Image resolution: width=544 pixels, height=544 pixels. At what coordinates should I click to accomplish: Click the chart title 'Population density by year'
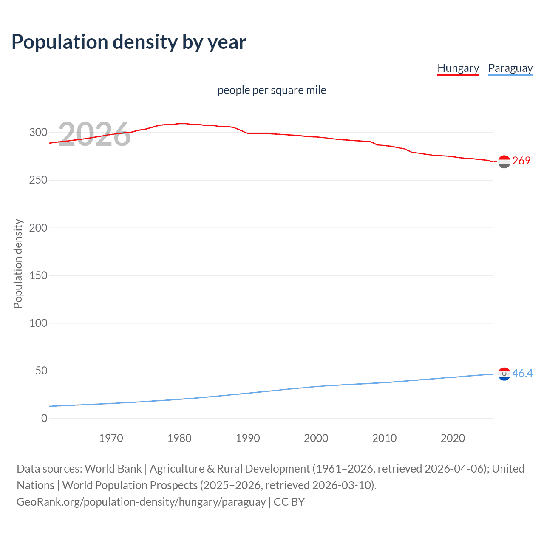click(x=129, y=42)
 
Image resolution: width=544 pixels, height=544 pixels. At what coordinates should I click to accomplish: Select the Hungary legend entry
click(x=458, y=68)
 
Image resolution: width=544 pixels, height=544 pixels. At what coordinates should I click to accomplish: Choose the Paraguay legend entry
click(x=510, y=68)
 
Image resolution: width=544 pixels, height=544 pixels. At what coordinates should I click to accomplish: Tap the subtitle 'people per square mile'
click(x=272, y=90)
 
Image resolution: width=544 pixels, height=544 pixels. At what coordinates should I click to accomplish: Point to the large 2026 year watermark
click(x=94, y=134)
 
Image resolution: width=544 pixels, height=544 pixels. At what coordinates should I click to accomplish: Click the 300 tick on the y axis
click(x=38, y=132)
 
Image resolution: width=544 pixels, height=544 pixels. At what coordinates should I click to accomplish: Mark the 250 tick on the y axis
click(x=38, y=180)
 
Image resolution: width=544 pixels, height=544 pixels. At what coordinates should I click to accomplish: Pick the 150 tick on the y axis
click(x=38, y=275)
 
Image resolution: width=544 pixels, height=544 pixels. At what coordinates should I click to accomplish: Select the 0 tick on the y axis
click(x=44, y=418)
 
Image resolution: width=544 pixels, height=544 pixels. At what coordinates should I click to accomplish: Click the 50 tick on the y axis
click(x=41, y=371)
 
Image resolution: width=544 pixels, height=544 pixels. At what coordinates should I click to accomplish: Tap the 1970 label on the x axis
click(x=111, y=438)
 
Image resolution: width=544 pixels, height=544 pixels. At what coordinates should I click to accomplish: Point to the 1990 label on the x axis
click(x=248, y=438)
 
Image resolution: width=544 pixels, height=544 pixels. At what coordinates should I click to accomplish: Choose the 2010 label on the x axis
click(x=384, y=438)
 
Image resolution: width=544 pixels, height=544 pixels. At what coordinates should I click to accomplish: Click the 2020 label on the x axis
click(x=453, y=438)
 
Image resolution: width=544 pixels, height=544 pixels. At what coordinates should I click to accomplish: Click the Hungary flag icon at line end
click(x=504, y=161)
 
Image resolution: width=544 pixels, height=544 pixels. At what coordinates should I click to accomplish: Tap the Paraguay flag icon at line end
click(x=504, y=374)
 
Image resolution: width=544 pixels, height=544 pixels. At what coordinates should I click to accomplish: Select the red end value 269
click(x=521, y=161)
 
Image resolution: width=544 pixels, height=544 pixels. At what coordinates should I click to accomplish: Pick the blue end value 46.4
click(x=522, y=373)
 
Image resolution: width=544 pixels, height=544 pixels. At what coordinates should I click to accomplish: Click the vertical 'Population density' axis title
click(x=18, y=263)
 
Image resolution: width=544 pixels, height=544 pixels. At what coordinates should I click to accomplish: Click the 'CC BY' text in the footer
click(x=289, y=502)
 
